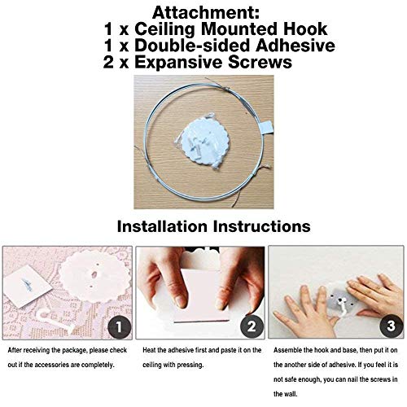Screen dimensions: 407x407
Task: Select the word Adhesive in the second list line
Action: coord(295,46)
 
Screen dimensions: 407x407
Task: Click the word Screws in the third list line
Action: coord(260,62)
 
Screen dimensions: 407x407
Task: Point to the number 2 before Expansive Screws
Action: coord(108,62)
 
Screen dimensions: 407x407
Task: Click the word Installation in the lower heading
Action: coord(162,226)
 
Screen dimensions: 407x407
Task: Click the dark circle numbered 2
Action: coord(252,326)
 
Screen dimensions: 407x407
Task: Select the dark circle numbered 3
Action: coord(391,326)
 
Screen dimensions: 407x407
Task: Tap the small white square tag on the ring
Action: coord(266,128)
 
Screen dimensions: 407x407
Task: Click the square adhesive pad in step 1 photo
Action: coord(28,287)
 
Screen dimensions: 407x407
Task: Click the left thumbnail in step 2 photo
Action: coord(180,300)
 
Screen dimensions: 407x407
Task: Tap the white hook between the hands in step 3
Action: coord(344,308)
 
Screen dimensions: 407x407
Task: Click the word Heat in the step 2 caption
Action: coord(149,350)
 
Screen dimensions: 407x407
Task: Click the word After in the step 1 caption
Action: coord(15,350)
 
